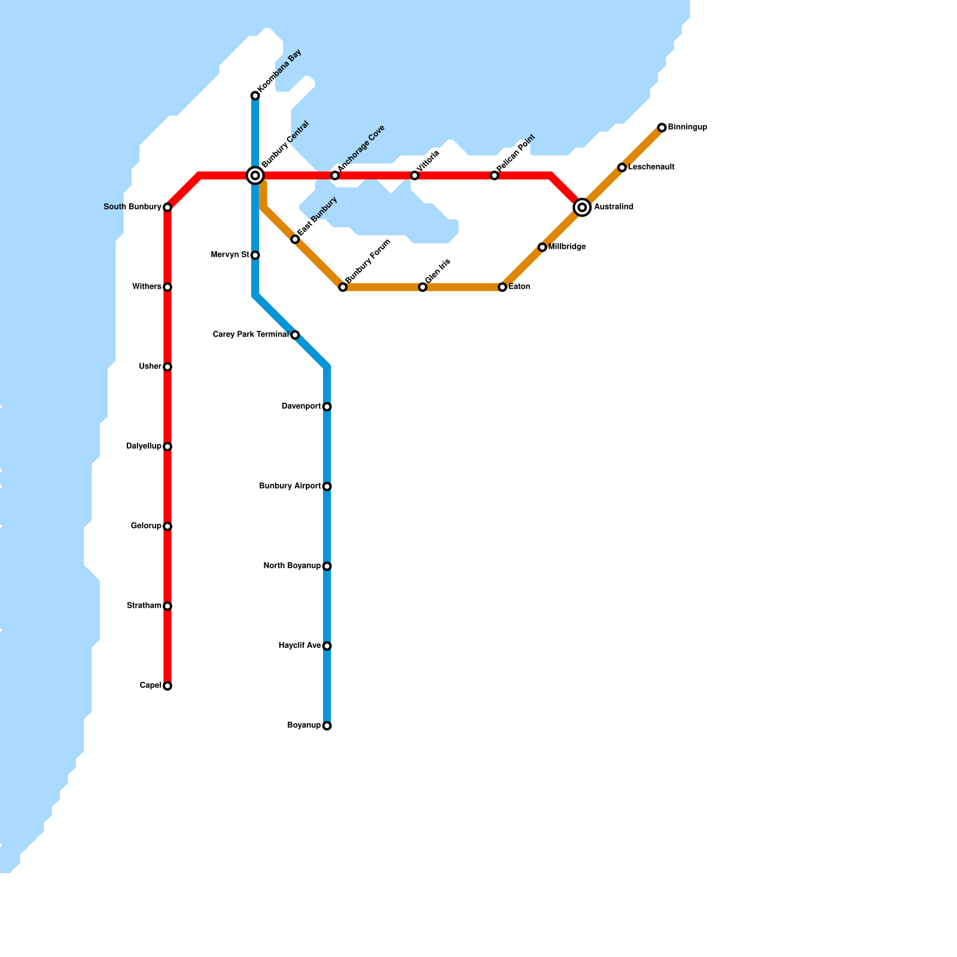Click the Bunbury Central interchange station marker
tap(255, 176)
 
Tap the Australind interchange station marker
tap(582, 208)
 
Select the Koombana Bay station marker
tap(255, 96)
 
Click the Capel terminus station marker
tap(167, 686)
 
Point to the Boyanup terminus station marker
tap(327, 726)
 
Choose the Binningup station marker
tap(662, 127)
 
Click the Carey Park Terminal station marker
tap(295, 335)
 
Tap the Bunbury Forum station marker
tap(343, 288)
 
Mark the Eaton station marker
tap(502, 288)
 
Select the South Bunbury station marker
tap(167, 208)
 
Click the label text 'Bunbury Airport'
tap(290, 486)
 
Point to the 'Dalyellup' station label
tap(144, 447)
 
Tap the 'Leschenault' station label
tap(651, 167)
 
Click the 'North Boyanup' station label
tap(292, 566)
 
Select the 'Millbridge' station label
tap(567, 247)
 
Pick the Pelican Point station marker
tap(495, 176)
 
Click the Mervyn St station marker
tap(255, 255)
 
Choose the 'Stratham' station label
tap(144, 606)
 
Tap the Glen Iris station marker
tap(423, 288)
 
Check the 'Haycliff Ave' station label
tap(300, 646)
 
